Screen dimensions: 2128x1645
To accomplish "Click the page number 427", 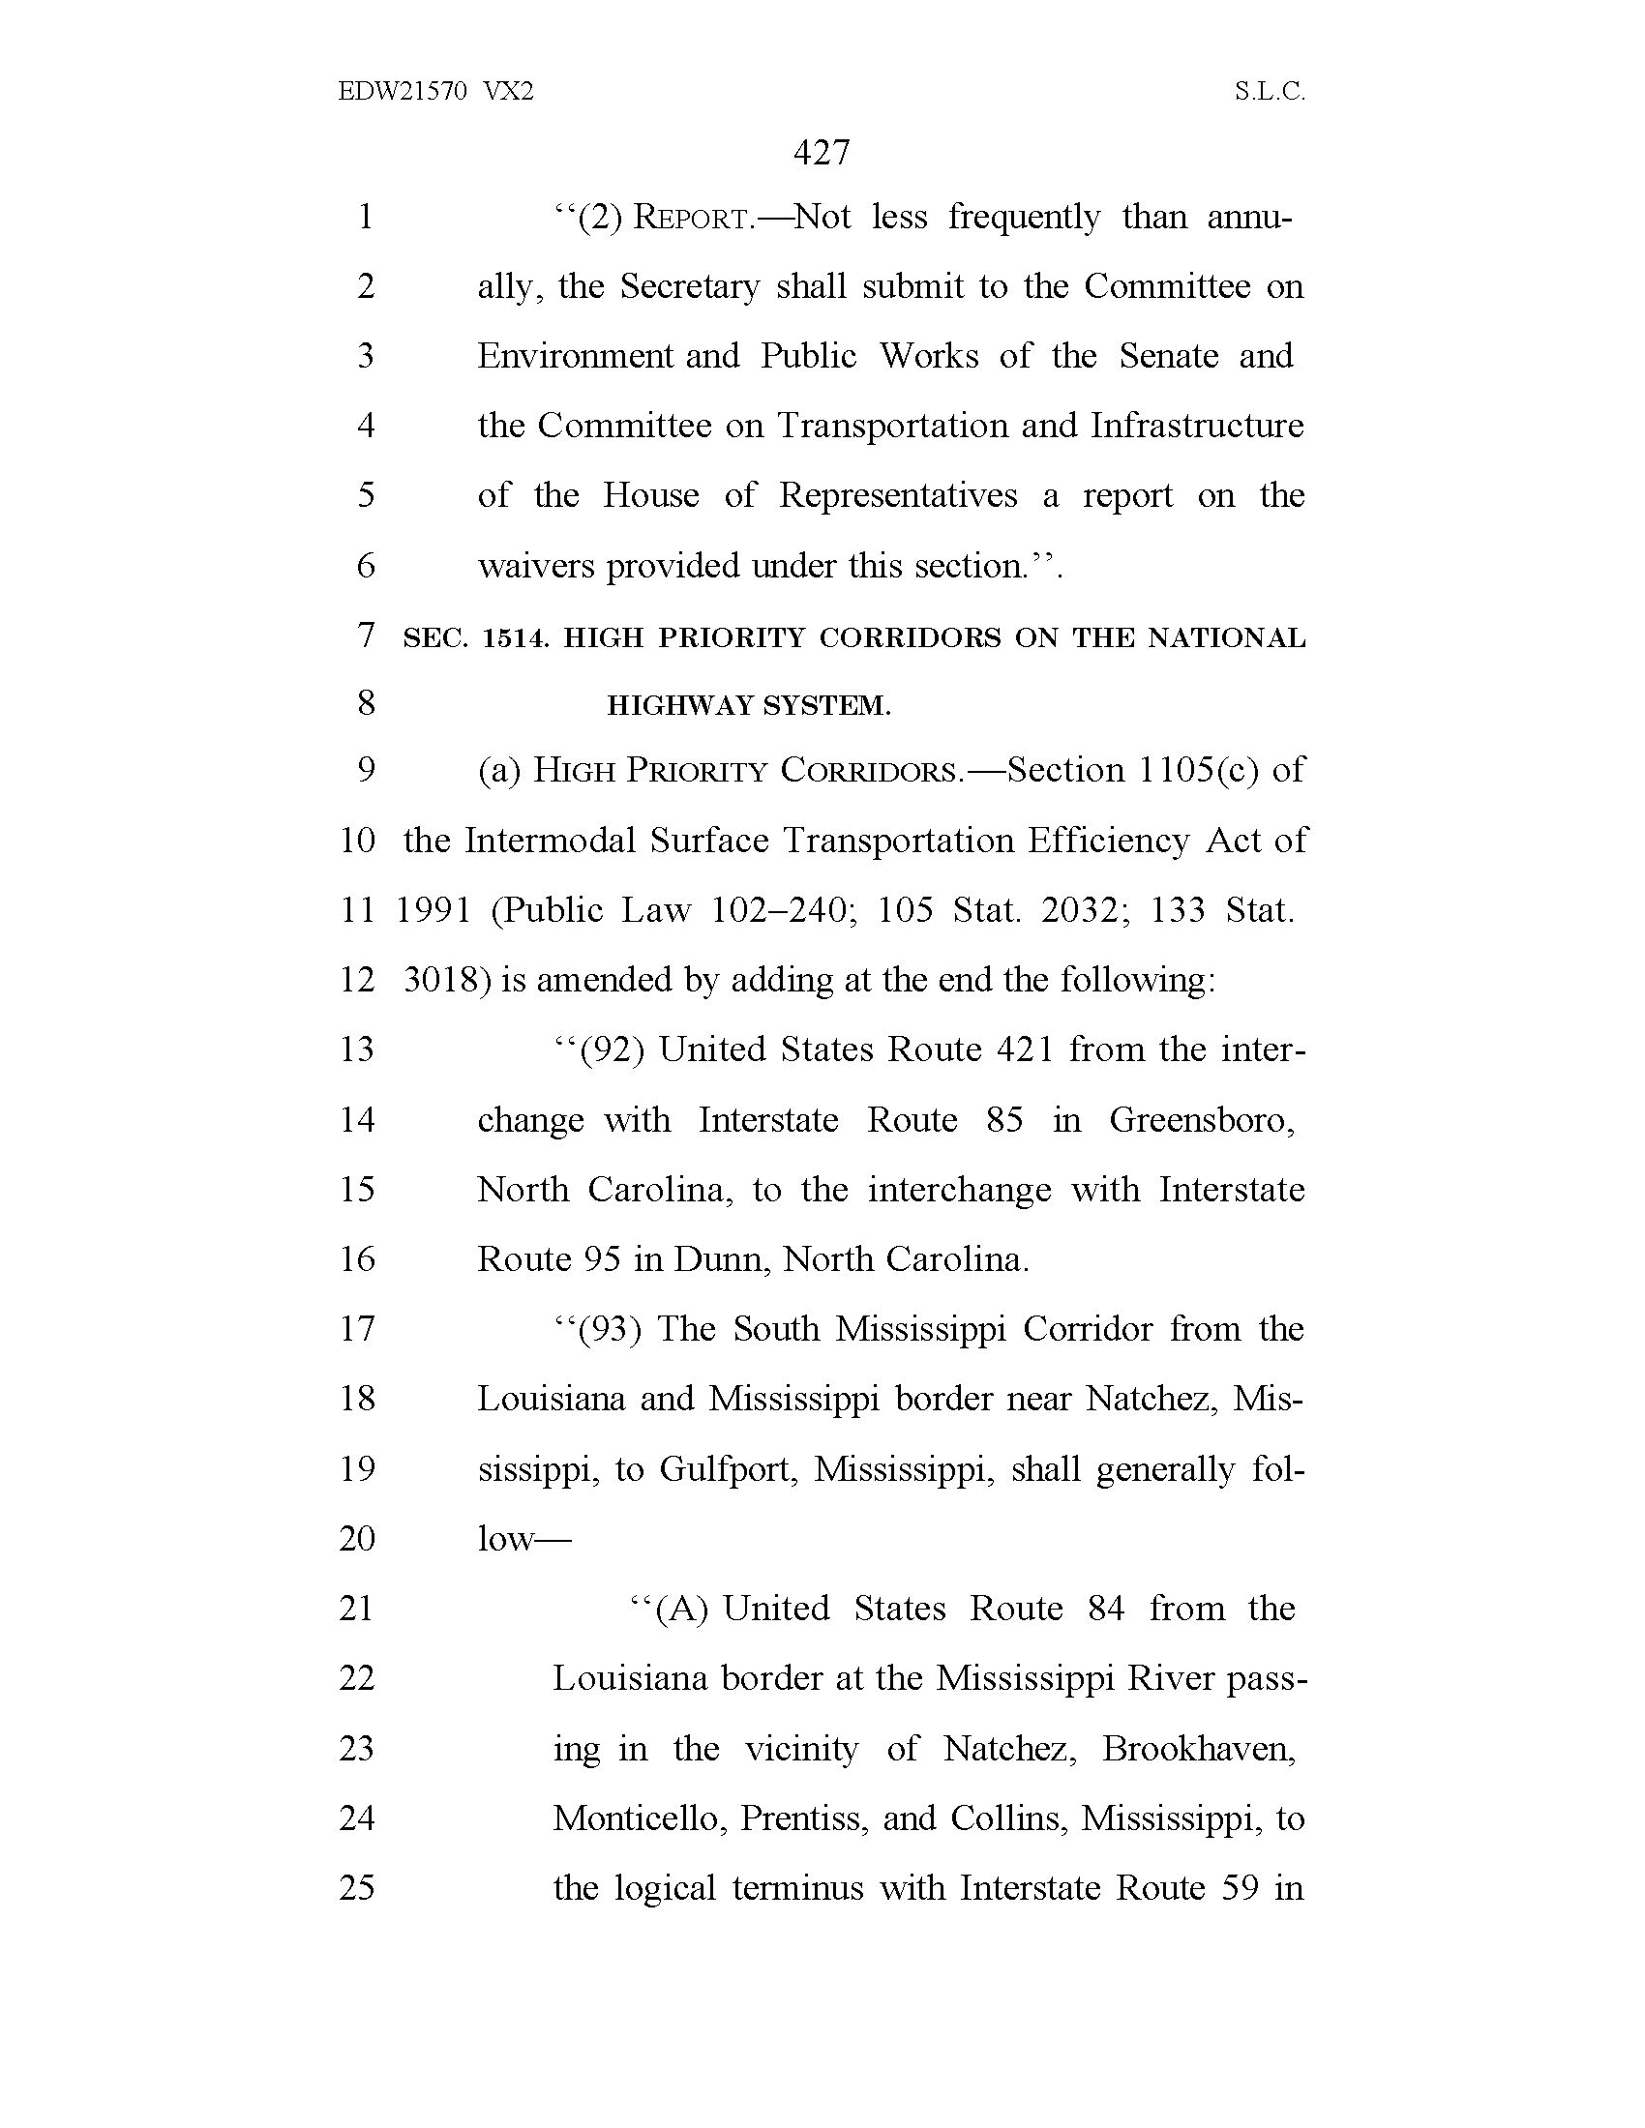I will coord(822,153).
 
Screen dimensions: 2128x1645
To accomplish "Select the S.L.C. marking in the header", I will coord(1269,92).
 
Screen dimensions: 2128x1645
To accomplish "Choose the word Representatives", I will coord(898,495).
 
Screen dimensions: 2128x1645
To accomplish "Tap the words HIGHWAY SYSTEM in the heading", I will coord(748,705).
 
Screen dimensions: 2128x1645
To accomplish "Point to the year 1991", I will coord(434,910).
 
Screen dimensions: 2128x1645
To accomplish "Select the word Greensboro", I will coord(1202,1119).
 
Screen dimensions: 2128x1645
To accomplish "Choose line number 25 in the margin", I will coord(358,1887).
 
